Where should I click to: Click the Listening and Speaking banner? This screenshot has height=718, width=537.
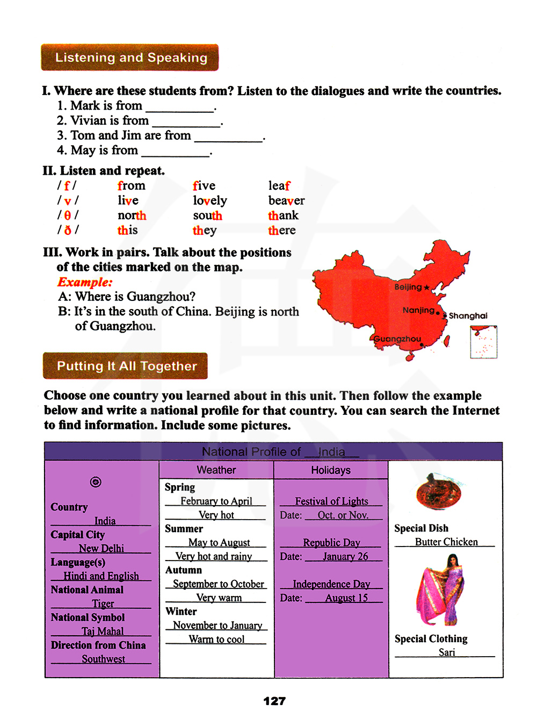pos(130,58)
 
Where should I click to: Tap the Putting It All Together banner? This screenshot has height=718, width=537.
pos(126,366)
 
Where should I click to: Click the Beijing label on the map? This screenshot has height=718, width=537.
pos(408,287)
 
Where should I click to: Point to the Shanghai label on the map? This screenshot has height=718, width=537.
pos(468,316)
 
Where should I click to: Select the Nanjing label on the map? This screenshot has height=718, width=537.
pos(418,310)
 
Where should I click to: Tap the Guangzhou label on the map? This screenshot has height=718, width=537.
pos(397,339)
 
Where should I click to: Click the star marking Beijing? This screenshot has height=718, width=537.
pos(427,288)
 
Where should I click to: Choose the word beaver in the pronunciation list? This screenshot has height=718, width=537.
pos(286,200)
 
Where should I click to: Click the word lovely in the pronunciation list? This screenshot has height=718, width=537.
pos(210,200)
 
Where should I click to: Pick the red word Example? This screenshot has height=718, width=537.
pos(85,282)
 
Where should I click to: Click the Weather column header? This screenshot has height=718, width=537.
pos(216,470)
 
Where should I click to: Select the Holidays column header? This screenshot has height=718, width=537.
pos(331,470)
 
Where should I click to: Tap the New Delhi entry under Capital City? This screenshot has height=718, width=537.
pos(101,548)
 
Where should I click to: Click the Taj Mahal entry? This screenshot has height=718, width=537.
pos(103,631)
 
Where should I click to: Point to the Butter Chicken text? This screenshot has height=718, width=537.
pos(446,542)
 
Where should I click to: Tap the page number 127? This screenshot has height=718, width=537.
pos(274,701)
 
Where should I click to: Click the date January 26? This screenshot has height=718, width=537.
pos(345,556)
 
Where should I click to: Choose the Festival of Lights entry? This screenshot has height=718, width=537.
pos(331,501)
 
